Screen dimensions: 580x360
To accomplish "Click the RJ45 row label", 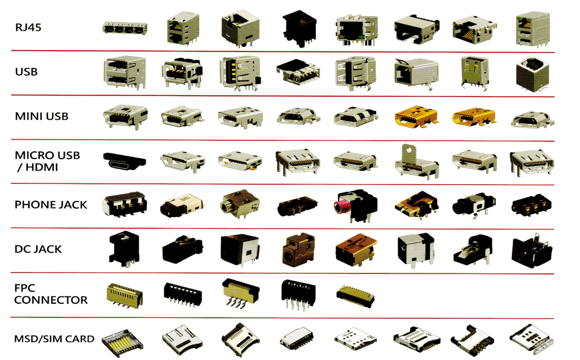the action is pyautogui.click(x=28, y=27).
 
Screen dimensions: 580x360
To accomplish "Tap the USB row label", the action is pyautogui.click(x=26, y=72).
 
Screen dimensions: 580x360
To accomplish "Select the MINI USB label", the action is pyautogui.click(x=42, y=116).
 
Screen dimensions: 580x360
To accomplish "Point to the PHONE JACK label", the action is pyautogui.click(x=51, y=205).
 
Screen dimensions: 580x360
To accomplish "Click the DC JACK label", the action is pyautogui.click(x=38, y=249).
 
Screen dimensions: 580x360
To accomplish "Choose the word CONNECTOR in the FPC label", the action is pyautogui.click(x=51, y=300).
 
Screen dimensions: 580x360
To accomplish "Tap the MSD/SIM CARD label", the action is pyautogui.click(x=54, y=339).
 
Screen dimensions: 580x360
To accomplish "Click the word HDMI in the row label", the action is pyautogui.click(x=42, y=167).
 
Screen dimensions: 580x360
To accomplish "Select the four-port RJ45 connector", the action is pyautogui.click(x=125, y=28).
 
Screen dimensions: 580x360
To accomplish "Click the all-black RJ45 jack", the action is pyautogui.click(x=299, y=28).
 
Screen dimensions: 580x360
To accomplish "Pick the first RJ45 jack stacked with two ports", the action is pyautogui.click(x=183, y=29).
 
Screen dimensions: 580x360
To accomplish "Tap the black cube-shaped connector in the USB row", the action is pyautogui.click(x=532, y=74).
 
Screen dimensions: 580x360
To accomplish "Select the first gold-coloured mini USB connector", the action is pyautogui.click(x=416, y=116).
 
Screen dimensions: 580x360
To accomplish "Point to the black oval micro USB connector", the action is pyautogui.click(x=124, y=161).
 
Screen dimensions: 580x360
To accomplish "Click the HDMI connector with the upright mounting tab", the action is pyautogui.click(x=416, y=162).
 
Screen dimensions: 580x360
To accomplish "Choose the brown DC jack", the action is pyautogui.click(x=299, y=250).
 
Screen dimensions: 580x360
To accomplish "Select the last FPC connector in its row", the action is pyautogui.click(x=355, y=297).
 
